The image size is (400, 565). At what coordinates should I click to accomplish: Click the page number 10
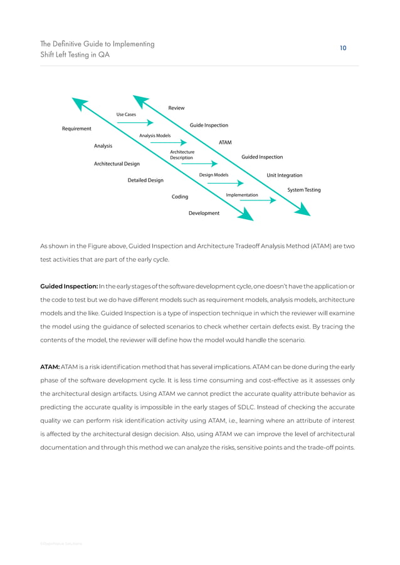(x=343, y=48)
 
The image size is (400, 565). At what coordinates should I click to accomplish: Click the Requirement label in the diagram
(x=76, y=129)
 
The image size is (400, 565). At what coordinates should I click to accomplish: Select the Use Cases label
(x=126, y=115)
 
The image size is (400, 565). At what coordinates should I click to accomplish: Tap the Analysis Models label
(x=155, y=135)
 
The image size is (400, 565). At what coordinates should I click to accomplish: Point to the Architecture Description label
(x=182, y=155)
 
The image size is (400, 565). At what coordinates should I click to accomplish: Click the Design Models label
(x=213, y=175)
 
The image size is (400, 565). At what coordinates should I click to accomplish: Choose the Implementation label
(x=242, y=195)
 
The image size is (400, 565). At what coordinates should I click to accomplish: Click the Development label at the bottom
(x=204, y=214)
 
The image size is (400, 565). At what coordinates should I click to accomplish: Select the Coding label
(x=180, y=197)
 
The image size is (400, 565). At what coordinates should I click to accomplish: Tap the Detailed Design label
(x=145, y=180)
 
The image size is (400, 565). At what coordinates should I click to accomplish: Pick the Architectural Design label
(x=117, y=164)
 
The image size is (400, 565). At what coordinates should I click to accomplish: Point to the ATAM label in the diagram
(x=225, y=143)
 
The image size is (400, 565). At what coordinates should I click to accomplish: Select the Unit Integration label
(x=284, y=175)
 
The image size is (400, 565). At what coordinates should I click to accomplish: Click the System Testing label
(x=304, y=190)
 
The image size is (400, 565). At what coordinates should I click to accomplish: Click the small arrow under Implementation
(x=258, y=201)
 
